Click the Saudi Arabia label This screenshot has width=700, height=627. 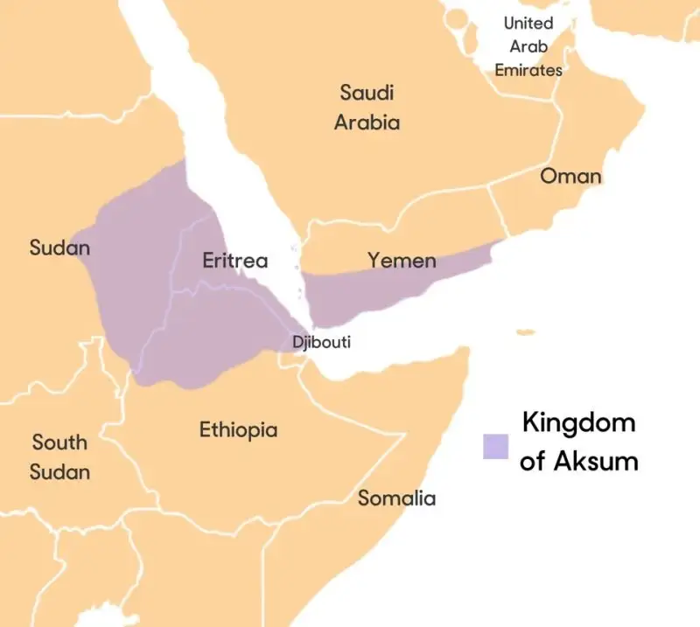367,107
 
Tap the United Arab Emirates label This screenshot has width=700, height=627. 528,46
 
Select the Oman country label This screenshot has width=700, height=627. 570,176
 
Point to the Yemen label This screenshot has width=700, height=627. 401,260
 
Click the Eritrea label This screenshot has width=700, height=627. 234,261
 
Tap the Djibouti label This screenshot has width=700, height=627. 321,342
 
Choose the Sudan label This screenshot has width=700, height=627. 59,247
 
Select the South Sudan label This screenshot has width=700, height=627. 59,456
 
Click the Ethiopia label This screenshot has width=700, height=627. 238,429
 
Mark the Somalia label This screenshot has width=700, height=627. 396,498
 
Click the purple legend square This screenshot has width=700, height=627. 495,446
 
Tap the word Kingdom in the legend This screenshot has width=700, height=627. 578,424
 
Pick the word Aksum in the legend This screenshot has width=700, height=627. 596,461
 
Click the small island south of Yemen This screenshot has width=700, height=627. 525,332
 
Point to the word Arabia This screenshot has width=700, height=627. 367,122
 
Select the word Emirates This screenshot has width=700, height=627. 528,70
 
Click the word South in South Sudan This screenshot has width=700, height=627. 59,442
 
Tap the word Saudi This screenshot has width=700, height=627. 367,92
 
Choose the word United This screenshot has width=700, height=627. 528,23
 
